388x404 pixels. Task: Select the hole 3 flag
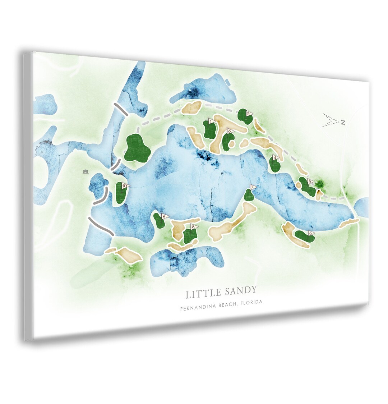[230, 131]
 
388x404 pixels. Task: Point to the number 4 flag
[275, 157]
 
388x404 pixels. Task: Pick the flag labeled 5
[310, 182]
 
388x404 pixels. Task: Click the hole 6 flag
[311, 233]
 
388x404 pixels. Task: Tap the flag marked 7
[253, 187]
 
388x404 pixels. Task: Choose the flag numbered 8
[193, 227]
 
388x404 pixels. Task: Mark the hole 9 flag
[165, 216]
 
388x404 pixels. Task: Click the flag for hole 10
[125, 186]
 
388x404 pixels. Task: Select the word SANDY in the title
[241, 290]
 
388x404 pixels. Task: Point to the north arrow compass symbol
[333, 121]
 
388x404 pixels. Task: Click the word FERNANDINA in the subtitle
[196, 307]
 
